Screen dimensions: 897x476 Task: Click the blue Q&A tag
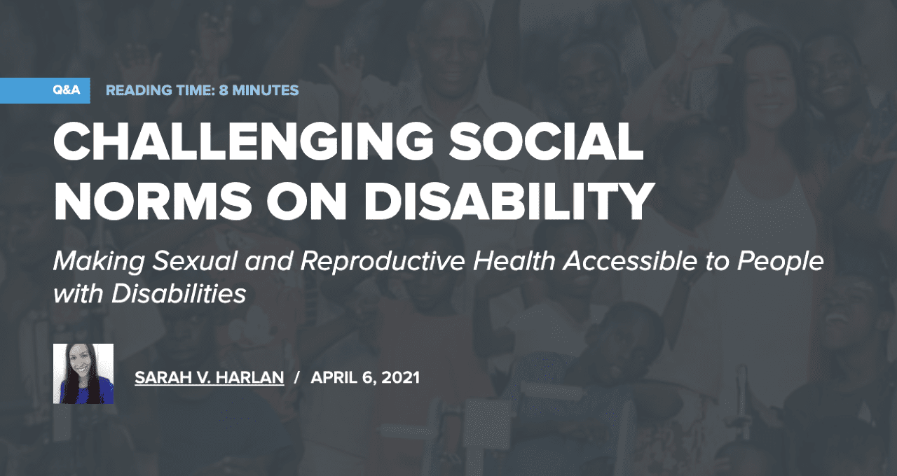pyautogui.click(x=45, y=90)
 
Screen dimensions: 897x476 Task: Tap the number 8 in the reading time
pyautogui.click(x=224, y=90)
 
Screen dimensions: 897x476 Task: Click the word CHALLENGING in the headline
pyautogui.click(x=243, y=141)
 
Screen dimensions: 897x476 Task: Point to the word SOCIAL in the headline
pyautogui.click(x=546, y=141)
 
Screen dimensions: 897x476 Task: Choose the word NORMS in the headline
pyautogui.click(x=153, y=201)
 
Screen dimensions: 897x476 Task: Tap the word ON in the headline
pyautogui.click(x=307, y=201)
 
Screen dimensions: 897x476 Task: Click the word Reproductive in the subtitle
pyautogui.click(x=383, y=262)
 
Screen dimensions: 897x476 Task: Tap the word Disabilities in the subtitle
pyautogui.click(x=179, y=294)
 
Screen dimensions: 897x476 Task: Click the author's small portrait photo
pyautogui.click(x=83, y=374)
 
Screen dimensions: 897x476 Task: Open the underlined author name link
pyautogui.click(x=210, y=377)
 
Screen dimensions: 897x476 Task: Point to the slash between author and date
pyautogui.click(x=296, y=377)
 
